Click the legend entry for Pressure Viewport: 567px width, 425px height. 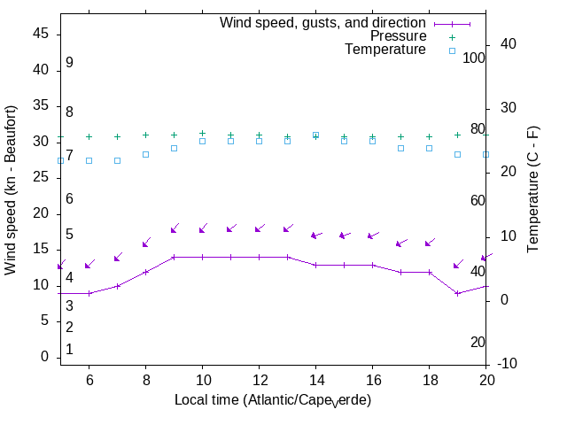point(398,36)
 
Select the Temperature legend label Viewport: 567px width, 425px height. point(385,50)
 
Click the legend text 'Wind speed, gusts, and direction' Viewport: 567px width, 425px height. point(322,23)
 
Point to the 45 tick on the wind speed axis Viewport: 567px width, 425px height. point(41,33)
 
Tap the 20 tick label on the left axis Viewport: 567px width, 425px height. point(41,213)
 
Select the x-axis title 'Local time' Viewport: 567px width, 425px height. point(272,400)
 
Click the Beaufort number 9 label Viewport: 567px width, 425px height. point(69,63)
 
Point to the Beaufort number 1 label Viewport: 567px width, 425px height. point(69,350)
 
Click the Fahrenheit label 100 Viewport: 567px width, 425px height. point(474,58)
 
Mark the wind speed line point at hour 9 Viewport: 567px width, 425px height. point(174,258)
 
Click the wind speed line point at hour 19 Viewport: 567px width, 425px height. point(457,293)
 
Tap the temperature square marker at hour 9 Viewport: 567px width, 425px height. point(174,148)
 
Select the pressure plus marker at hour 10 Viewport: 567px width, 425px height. point(202,133)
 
